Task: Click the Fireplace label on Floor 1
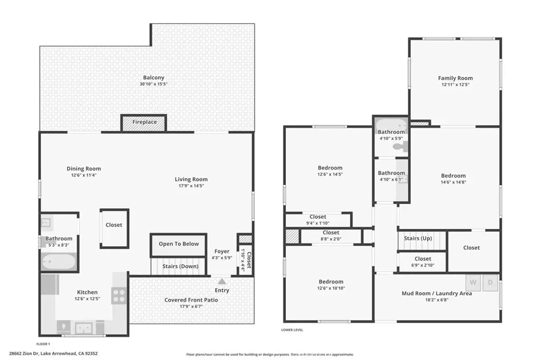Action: pos(144,122)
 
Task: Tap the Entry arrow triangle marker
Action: pos(222,281)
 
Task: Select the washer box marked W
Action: pos(473,283)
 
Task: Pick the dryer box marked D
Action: pos(490,283)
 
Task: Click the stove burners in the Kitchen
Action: pos(119,296)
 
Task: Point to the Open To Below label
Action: pos(179,244)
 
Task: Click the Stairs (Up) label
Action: pos(418,238)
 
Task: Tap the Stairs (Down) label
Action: pos(180,266)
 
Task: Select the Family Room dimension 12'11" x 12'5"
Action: pos(455,84)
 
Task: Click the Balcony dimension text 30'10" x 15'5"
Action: pos(153,84)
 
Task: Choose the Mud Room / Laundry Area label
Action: pos(437,293)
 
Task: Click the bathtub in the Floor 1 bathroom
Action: pos(58,261)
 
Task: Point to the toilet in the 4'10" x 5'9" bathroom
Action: pos(400,147)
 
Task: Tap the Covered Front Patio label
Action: pos(191,300)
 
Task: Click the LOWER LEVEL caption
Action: pos(292,330)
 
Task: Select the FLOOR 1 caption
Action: pos(43,344)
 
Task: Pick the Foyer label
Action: pos(222,251)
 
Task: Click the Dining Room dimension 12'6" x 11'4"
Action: pos(84,175)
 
